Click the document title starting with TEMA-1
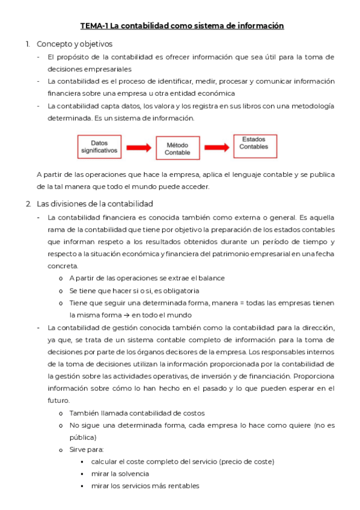pyautogui.click(x=182, y=26)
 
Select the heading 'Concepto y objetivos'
pyautogui.click(x=75, y=44)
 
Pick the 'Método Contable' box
pyautogui.click(x=177, y=148)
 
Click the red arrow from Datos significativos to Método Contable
pyautogui.click(x=138, y=147)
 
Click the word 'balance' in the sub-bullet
pyautogui.click(x=213, y=278)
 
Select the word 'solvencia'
pyautogui.click(x=132, y=473)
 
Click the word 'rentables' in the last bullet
pyautogui.click(x=184, y=486)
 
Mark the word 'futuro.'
pyautogui.click(x=59, y=400)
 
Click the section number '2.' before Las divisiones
pyautogui.click(x=28, y=203)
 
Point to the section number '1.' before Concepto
pyautogui.click(x=28, y=44)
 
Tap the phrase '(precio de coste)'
pyautogui.click(x=246, y=461)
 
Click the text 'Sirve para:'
pyautogui.click(x=87, y=449)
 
